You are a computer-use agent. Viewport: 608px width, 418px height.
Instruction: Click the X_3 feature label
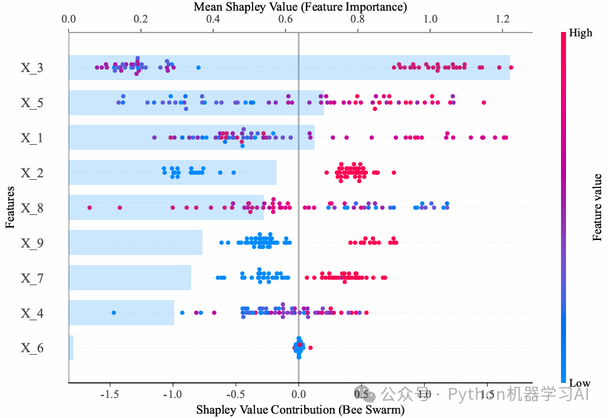click(32, 68)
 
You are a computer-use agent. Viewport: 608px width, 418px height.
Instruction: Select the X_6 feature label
click(32, 348)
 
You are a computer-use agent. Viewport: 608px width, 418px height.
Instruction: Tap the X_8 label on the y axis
click(32, 207)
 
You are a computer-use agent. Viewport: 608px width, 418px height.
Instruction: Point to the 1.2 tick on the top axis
click(503, 19)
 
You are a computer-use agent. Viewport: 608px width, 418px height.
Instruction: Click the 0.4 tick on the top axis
click(213, 19)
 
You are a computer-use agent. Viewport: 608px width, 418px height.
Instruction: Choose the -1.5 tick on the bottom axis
click(110, 395)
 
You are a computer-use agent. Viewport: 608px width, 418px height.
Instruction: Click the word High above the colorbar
click(580, 33)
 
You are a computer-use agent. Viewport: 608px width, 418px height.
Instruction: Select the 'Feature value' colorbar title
click(597, 208)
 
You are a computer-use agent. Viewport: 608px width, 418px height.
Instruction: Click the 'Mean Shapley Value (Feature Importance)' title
click(300, 8)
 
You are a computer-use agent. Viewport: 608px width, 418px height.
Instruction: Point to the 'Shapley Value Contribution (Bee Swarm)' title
click(300, 410)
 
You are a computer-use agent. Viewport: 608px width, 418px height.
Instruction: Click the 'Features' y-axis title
click(10, 207)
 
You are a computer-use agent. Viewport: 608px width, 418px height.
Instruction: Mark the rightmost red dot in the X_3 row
click(511, 67)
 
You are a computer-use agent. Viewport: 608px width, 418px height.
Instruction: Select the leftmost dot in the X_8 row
click(90, 207)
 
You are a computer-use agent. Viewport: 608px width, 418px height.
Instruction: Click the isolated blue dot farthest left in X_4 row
click(113, 312)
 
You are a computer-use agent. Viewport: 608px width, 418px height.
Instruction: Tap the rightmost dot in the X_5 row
click(483, 102)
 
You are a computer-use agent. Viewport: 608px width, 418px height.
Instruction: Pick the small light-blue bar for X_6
click(71, 348)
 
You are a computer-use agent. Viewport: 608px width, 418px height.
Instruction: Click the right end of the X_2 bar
click(276, 172)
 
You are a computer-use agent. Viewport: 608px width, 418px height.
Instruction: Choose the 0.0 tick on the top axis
click(68, 19)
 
